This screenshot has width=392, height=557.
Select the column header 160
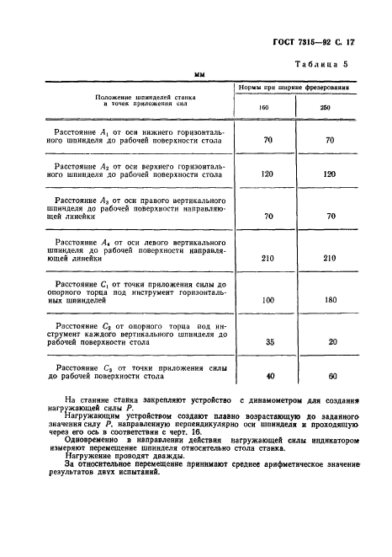coord(267,108)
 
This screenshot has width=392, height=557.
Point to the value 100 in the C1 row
coord(268,300)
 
